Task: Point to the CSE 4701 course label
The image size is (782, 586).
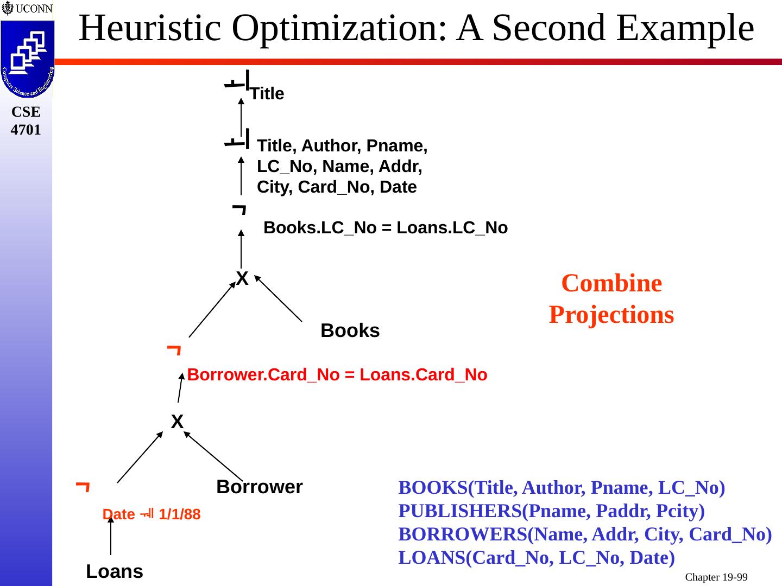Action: (x=26, y=120)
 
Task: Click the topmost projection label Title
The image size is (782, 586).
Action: (x=267, y=94)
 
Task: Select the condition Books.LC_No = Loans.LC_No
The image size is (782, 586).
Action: (x=385, y=228)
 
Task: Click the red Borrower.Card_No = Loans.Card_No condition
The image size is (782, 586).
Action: (x=337, y=375)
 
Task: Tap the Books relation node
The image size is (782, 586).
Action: (x=350, y=330)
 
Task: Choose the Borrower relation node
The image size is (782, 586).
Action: (x=259, y=487)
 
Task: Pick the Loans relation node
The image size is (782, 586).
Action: (x=115, y=571)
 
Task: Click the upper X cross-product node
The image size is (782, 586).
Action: (x=242, y=279)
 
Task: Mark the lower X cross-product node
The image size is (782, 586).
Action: (x=177, y=422)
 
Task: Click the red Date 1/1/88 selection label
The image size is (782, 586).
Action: (x=152, y=514)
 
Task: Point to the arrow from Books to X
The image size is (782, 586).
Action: (x=278, y=298)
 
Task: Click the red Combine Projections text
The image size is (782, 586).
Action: (x=611, y=299)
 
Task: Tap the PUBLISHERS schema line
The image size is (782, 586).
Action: (x=551, y=511)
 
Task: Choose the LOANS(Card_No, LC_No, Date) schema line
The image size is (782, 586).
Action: (x=537, y=558)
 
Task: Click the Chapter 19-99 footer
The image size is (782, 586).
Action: (x=716, y=577)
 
